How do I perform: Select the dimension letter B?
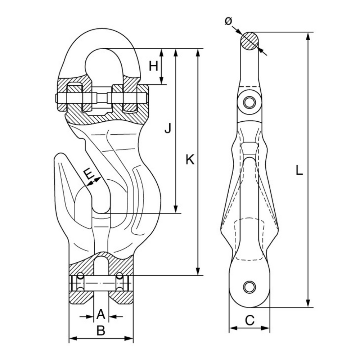click(x=101, y=330)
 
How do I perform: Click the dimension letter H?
click(x=154, y=66)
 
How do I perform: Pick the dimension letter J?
click(x=167, y=128)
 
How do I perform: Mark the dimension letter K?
click(x=190, y=159)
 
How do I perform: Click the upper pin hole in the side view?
click(x=248, y=102)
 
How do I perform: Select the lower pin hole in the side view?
click(x=248, y=287)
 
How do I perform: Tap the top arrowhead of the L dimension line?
click(x=308, y=35)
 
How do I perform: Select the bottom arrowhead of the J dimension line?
click(x=176, y=210)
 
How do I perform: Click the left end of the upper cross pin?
click(x=56, y=98)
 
